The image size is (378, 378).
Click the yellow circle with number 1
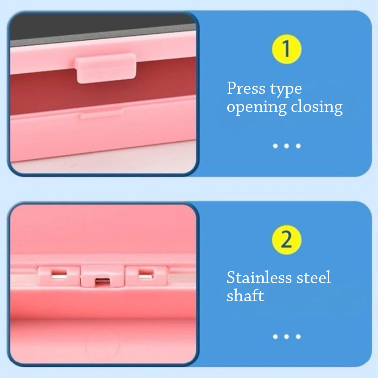(286, 49)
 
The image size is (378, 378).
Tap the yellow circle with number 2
(286, 240)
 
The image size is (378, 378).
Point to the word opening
(257, 108)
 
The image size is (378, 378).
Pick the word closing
(317, 108)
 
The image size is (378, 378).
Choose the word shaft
(245, 296)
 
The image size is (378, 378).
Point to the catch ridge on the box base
(101, 113)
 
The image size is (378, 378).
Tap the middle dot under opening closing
(287, 146)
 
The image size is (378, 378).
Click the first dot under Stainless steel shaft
(275, 336)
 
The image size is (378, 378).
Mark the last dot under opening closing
(298, 146)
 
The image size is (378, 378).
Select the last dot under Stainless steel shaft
(298, 336)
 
